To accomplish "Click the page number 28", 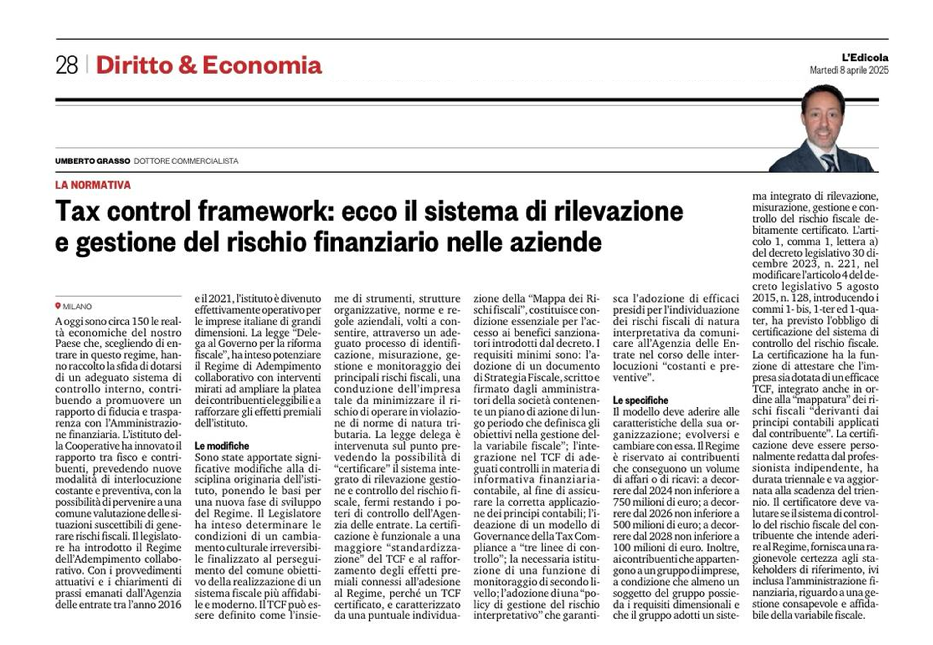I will (x=67, y=65).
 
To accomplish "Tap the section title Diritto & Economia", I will (x=209, y=65).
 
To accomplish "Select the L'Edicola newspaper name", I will (x=865, y=58).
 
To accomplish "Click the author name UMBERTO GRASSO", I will (x=92, y=161).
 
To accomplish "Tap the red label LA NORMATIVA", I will (x=93, y=185).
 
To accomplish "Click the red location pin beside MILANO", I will (x=58, y=306).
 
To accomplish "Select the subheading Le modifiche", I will (x=222, y=446).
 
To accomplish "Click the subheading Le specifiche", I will (x=640, y=400).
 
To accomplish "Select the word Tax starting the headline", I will (x=77, y=211).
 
